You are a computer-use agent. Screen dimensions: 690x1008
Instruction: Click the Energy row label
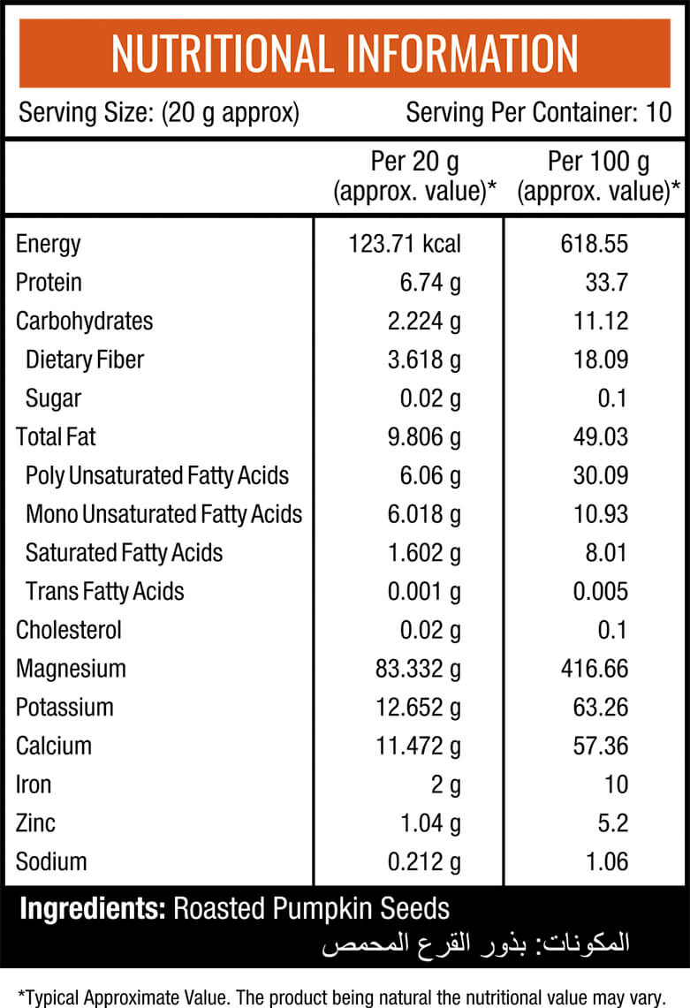point(49,245)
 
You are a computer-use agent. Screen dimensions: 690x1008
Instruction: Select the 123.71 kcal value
point(405,245)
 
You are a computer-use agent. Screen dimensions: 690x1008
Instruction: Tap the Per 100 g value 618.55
point(595,245)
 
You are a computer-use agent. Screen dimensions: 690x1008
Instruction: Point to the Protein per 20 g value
point(430,284)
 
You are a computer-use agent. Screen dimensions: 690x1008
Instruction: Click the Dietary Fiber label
point(85,360)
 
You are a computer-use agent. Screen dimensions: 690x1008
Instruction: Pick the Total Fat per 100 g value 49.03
point(601,437)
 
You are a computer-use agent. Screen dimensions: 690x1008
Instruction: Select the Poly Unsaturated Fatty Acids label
point(157,476)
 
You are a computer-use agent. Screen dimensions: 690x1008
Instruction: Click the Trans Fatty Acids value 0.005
point(601,591)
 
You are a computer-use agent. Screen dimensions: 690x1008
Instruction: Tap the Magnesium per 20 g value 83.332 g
point(418,670)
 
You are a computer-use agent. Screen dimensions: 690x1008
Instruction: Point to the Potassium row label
point(64,707)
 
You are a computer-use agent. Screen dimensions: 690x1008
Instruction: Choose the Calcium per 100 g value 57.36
point(601,746)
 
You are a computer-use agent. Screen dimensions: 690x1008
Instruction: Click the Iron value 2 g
point(445,785)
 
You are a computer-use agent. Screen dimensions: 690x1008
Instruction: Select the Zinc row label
point(35,822)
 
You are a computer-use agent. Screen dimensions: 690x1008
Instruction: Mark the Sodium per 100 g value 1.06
point(606,861)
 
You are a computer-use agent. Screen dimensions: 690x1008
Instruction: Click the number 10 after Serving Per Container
point(658,112)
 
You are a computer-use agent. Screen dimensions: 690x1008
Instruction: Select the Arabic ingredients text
point(476,944)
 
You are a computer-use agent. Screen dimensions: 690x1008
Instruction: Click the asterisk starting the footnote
point(21,995)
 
